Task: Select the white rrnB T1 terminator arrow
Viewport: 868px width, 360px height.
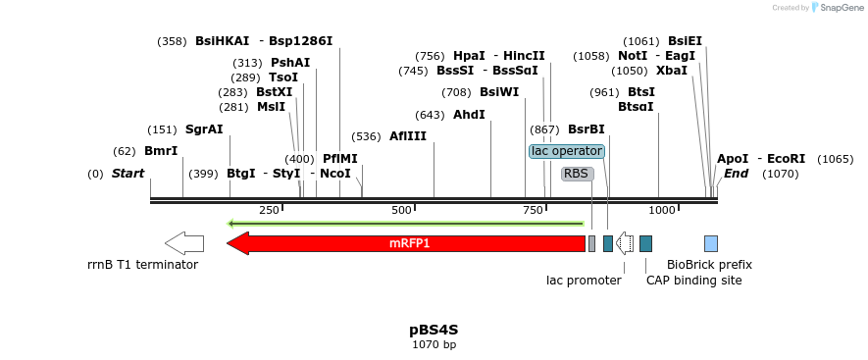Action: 184,243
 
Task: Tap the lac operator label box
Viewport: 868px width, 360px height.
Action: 567,151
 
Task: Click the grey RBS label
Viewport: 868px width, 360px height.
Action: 577,174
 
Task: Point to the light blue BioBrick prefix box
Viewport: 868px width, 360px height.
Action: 711,243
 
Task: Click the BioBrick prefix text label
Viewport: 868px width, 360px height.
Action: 709,265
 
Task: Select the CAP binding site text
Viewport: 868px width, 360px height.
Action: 693,281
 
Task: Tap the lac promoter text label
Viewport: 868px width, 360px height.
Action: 584,281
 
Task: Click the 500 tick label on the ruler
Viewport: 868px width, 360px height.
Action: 401,211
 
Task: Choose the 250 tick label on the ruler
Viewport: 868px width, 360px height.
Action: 269,211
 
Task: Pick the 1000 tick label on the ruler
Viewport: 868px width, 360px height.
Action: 662,211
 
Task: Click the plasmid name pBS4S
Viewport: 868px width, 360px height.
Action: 434,330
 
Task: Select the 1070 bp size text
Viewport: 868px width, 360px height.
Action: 434,344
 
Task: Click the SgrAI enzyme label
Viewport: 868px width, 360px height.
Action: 204,129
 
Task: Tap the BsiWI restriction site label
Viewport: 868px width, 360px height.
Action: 499,92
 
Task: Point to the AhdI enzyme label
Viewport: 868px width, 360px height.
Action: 469,115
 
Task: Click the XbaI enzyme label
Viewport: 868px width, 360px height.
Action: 672,71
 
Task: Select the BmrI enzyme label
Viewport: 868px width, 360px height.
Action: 161,151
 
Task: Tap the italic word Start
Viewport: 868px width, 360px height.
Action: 128,174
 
